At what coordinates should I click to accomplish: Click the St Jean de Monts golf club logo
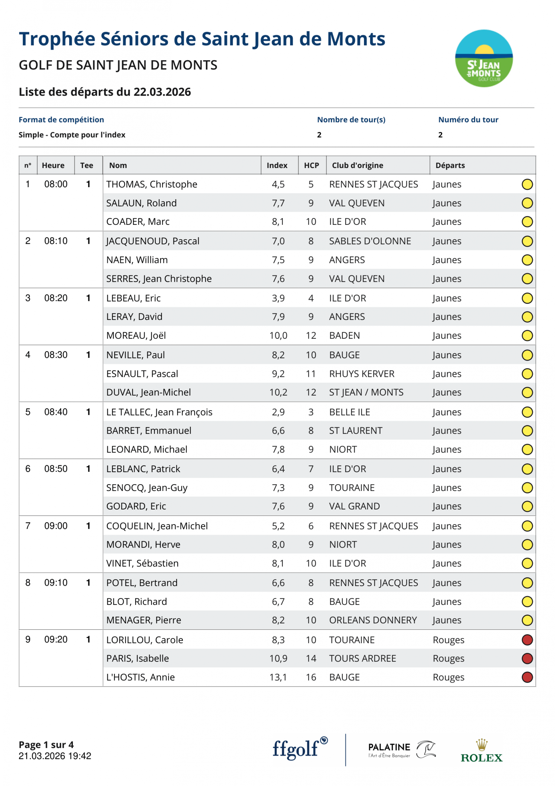pos(484,58)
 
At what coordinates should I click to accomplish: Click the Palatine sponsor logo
pos(402,750)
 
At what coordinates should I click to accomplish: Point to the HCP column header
pos(311,165)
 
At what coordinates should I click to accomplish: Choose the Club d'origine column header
pos(357,165)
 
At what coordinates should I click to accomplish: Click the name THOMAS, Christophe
pos(151,184)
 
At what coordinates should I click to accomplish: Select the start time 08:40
pos(56,412)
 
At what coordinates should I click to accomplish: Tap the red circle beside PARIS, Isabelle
pos(527,658)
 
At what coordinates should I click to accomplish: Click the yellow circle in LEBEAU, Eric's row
pos(527,298)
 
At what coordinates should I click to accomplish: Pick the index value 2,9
pos(278,412)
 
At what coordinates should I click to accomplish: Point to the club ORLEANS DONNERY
pos(373,620)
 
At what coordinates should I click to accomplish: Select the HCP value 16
pos(311,677)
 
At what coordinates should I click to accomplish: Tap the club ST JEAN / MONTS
pos(366,392)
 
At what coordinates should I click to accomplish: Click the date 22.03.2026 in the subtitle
pos(162,92)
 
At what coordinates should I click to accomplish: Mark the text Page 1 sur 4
pos(46,745)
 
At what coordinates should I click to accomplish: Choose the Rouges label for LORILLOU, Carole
pos(448,640)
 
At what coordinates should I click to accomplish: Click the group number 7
pos(28,526)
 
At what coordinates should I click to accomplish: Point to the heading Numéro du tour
pos(468,119)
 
